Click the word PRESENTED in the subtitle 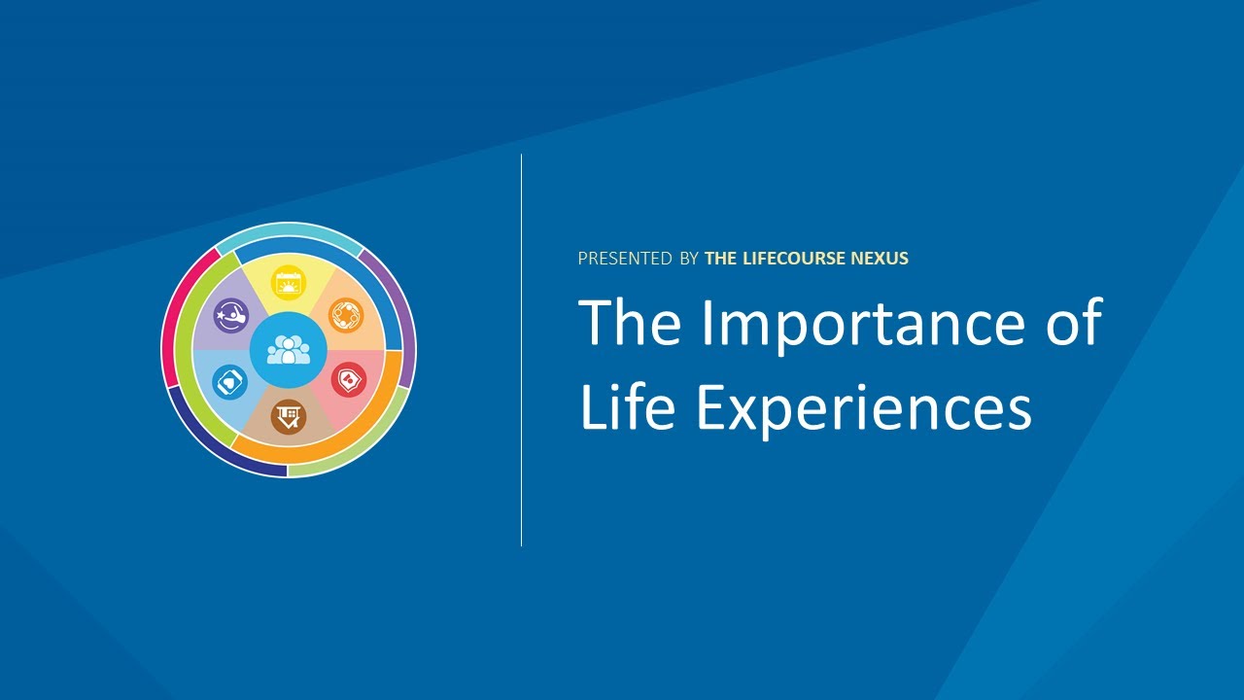tap(625, 259)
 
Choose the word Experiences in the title tap(864, 409)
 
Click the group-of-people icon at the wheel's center tap(289, 350)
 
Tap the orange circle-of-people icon tap(346, 316)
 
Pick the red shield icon tap(348, 380)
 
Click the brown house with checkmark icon tap(288, 417)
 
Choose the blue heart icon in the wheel tap(229, 381)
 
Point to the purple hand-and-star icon tap(231, 316)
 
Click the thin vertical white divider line tap(522, 350)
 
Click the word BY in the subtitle tap(689, 259)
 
